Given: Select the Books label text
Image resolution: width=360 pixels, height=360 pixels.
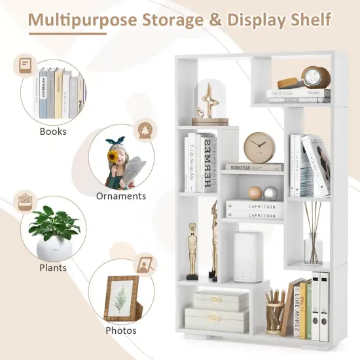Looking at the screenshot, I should coord(53,131).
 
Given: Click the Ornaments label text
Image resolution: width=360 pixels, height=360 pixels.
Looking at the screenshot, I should coord(121,196).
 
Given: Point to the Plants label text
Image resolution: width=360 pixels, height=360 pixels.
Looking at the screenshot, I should coord(52,267).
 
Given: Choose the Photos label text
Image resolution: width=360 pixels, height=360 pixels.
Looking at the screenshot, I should coord(120,330).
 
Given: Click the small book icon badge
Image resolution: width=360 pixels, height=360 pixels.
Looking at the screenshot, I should coord(25,65).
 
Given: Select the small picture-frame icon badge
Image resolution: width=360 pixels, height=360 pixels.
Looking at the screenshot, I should coord(145,265).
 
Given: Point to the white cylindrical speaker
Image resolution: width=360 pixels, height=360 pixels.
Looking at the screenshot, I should coord(248,255).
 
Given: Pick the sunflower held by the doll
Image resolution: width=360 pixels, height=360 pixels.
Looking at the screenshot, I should coord(111,158).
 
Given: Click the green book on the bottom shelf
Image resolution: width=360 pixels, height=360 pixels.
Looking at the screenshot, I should coord(306,309).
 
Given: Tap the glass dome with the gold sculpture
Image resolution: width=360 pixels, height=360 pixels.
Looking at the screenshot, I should coord(210,101).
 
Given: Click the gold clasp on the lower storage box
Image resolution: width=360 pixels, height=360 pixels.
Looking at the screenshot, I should coord(216,317).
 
